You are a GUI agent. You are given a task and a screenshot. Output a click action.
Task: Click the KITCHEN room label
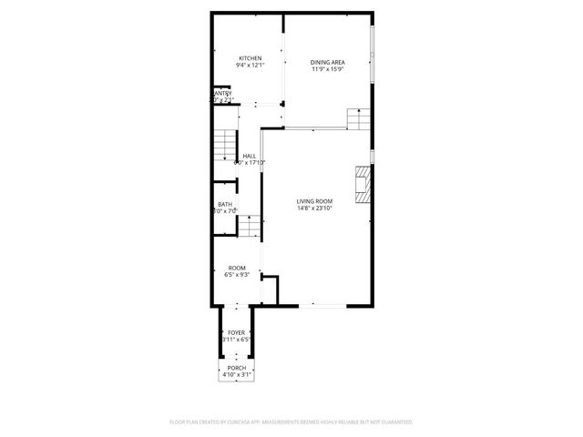[249, 58]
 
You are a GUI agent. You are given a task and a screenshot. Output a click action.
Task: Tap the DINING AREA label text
[327, 61]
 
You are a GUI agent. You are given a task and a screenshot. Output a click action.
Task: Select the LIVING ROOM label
[314, 201]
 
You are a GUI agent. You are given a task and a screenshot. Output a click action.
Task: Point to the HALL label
[249, 156]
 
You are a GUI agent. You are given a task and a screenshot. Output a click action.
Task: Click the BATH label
[224, 204]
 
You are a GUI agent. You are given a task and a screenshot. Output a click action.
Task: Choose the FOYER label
[236, 333]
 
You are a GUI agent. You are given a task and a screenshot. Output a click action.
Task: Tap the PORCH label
[236, 368]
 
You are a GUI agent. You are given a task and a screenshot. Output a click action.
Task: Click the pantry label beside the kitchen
[222, 93]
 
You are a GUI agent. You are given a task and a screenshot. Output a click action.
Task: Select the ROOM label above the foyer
[236, 268]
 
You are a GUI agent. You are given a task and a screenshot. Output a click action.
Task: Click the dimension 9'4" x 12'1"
[249, 66]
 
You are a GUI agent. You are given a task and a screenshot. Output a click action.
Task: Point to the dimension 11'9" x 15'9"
[327, 68]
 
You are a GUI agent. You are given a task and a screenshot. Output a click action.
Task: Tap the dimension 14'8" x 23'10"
[314, 208]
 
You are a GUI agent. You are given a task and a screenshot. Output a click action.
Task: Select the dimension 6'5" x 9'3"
[236, 275]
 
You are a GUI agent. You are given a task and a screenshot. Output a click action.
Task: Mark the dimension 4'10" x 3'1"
[236, 375]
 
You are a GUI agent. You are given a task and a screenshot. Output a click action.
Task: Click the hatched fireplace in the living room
[363, 185]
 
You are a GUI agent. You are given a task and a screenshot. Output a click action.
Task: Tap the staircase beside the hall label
[224, 146]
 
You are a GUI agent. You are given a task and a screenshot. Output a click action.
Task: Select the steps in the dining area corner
[359, 118]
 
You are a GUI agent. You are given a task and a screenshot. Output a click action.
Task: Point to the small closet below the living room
[269, 290]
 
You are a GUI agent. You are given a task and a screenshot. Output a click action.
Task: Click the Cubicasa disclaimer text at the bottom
[291, 422]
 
